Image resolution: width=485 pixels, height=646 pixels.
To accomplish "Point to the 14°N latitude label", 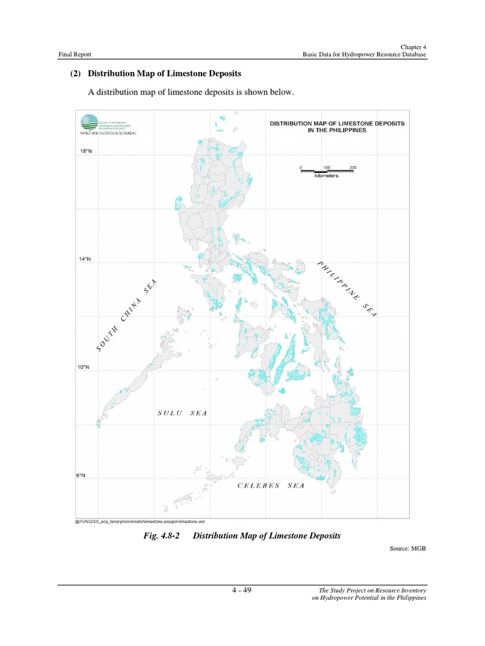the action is tap(85, 259).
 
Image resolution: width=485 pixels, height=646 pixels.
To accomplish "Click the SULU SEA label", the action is tap(182, 413).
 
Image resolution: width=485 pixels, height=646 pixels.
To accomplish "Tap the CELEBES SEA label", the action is tap(271, 485).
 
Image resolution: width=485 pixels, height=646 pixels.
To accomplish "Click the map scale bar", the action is tap(326, 171).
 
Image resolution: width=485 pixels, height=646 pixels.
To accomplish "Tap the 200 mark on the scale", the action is tap(352, 167).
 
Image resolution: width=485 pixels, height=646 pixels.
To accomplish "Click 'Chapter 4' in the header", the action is tap(414, 47).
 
